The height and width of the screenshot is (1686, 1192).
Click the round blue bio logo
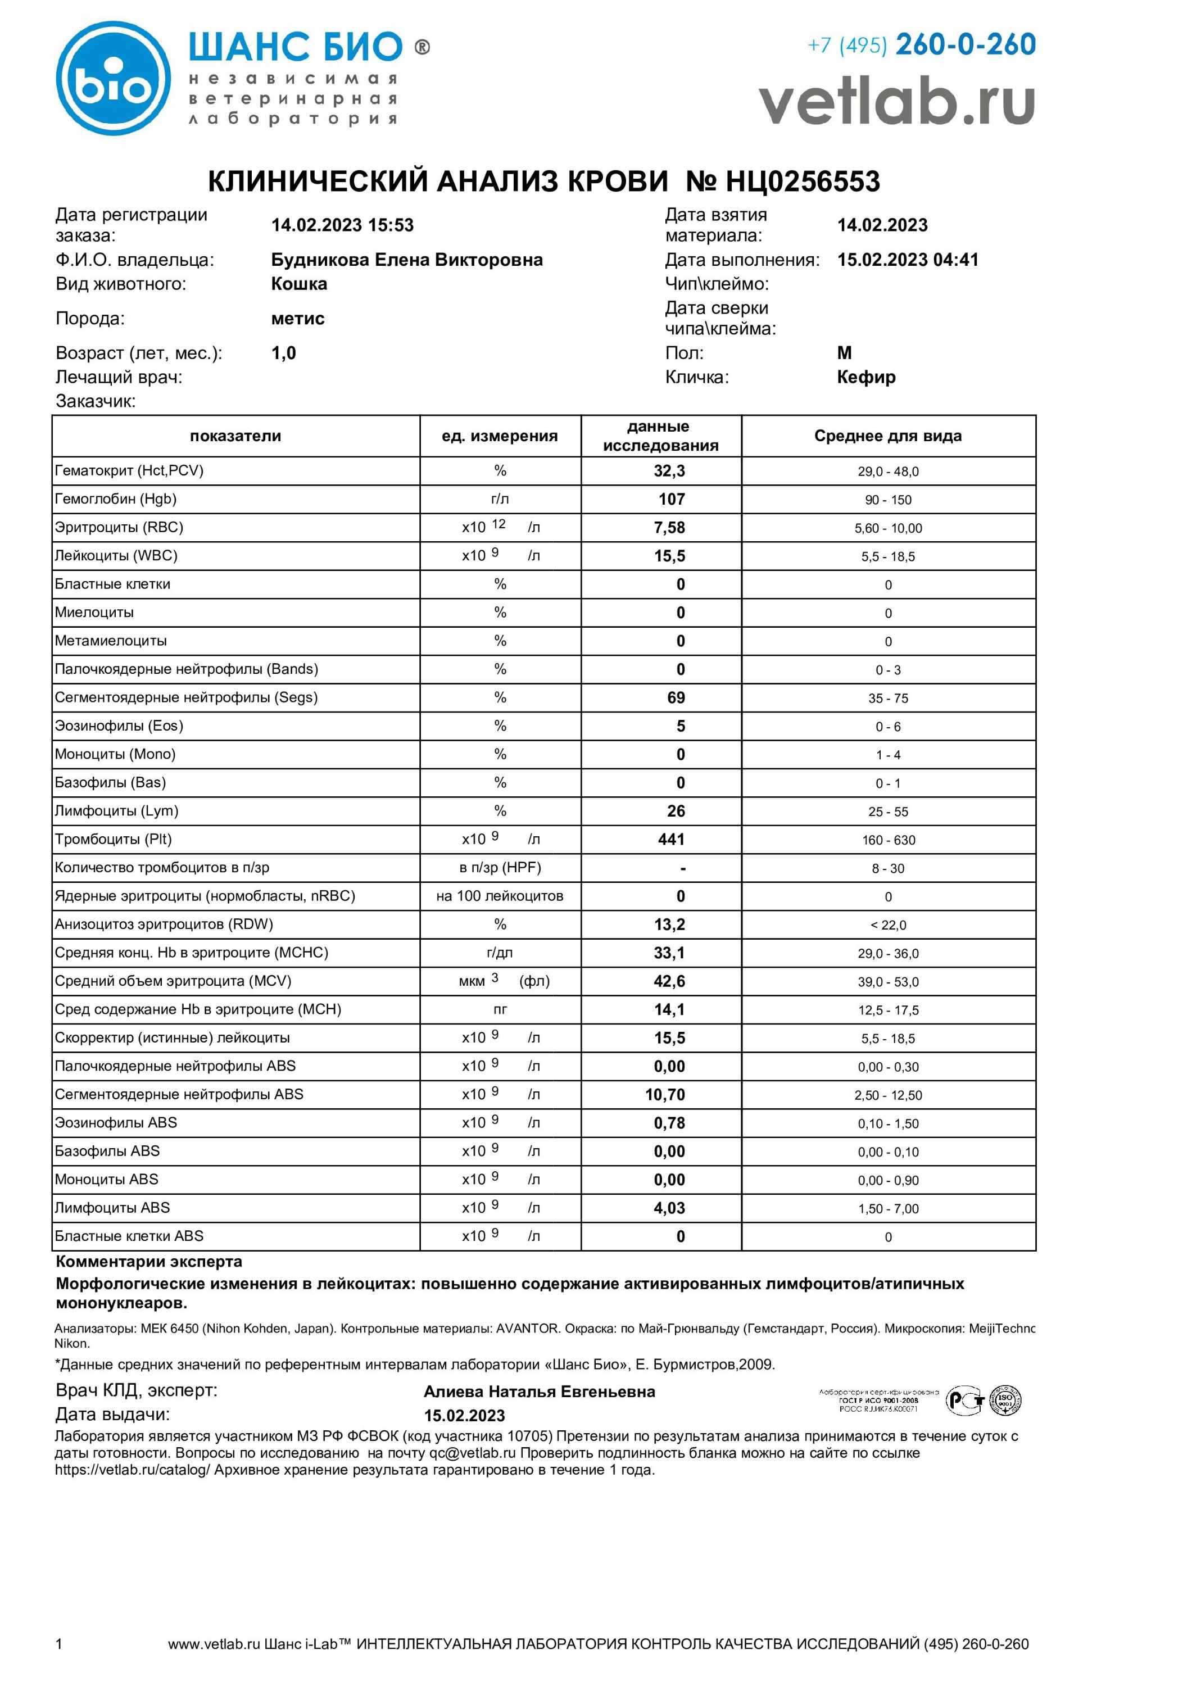point(114,79)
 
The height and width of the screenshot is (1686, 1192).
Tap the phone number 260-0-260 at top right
point(965,45)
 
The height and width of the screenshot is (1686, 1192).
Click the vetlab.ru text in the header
point(897,103)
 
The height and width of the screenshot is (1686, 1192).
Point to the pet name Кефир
point(866,378)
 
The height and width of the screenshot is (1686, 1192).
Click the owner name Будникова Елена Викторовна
point(407,260)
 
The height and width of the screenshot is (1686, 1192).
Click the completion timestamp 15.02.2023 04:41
point(908,260)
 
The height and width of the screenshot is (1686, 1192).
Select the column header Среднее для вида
point(887,436)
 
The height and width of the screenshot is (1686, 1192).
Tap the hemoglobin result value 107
point(671,500)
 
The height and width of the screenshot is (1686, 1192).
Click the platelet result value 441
point(671,839)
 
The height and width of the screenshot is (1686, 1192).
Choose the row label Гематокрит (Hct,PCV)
point(129,471)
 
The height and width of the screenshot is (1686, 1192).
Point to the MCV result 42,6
point(669,981)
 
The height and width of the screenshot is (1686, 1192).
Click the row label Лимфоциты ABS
point(112,1208)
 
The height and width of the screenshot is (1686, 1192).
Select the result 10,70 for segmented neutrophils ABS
point(665,1095)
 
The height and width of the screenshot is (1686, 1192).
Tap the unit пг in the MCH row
point(500,1010)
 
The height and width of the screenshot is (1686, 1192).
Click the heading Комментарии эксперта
point(149,1262)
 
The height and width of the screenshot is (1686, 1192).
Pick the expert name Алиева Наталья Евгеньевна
point(539,1392)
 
